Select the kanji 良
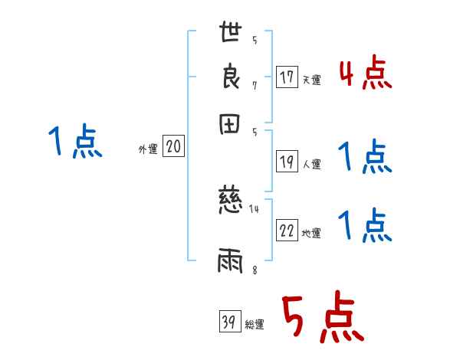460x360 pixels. pyautogui.click(x=232, y=77)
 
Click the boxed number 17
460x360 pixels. pyautogui.click(x=287, y=77)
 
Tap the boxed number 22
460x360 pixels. pyautogui.click(x=287, y=231)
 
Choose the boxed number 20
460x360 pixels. pyautogui.click(x=173, y=147)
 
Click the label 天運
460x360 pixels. pyautogui.click(x=311, y=80)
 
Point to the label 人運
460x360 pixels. pyautogui.click(x=311, y=163)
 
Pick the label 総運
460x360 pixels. pyautogui.click(x=255, y=324)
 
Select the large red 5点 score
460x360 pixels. pyautogui.click(x=321, y=319)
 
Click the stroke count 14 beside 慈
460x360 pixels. pyautogui.click(x=255, y=208)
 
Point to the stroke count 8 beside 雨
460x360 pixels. pyautogui.click(x=254, y=270)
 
